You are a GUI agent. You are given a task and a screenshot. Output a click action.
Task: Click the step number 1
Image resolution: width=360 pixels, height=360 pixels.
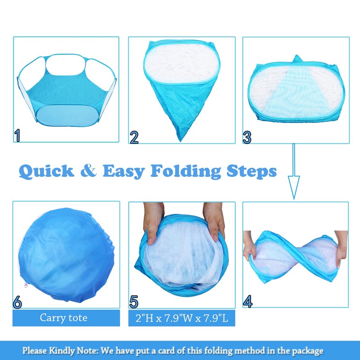click(17, 135)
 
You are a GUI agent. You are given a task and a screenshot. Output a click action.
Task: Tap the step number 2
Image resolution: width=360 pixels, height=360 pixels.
click(134, 137)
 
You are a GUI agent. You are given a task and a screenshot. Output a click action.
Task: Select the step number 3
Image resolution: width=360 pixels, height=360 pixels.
click(247, 136)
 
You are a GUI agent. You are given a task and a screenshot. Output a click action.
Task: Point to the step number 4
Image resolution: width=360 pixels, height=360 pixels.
click(247, 301)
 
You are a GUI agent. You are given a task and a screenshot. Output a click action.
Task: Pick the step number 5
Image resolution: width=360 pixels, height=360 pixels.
click(134, 301)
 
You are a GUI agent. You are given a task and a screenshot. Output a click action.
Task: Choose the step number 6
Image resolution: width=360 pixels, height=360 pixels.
click(17, 302)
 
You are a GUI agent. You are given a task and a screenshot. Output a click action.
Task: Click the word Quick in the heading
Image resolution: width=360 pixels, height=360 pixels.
click(46, 171)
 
